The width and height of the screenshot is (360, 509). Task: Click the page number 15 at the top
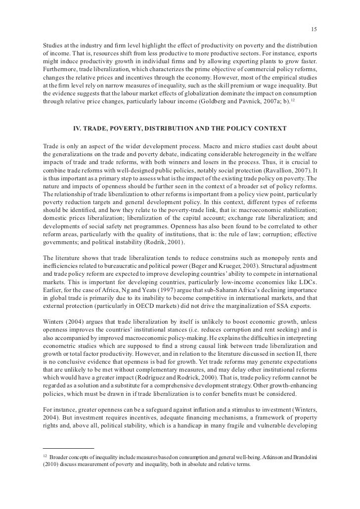pyautogui.click(x=314, y=29)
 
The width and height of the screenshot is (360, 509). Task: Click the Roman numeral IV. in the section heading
pyautogui.click(x=78, y=129)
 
